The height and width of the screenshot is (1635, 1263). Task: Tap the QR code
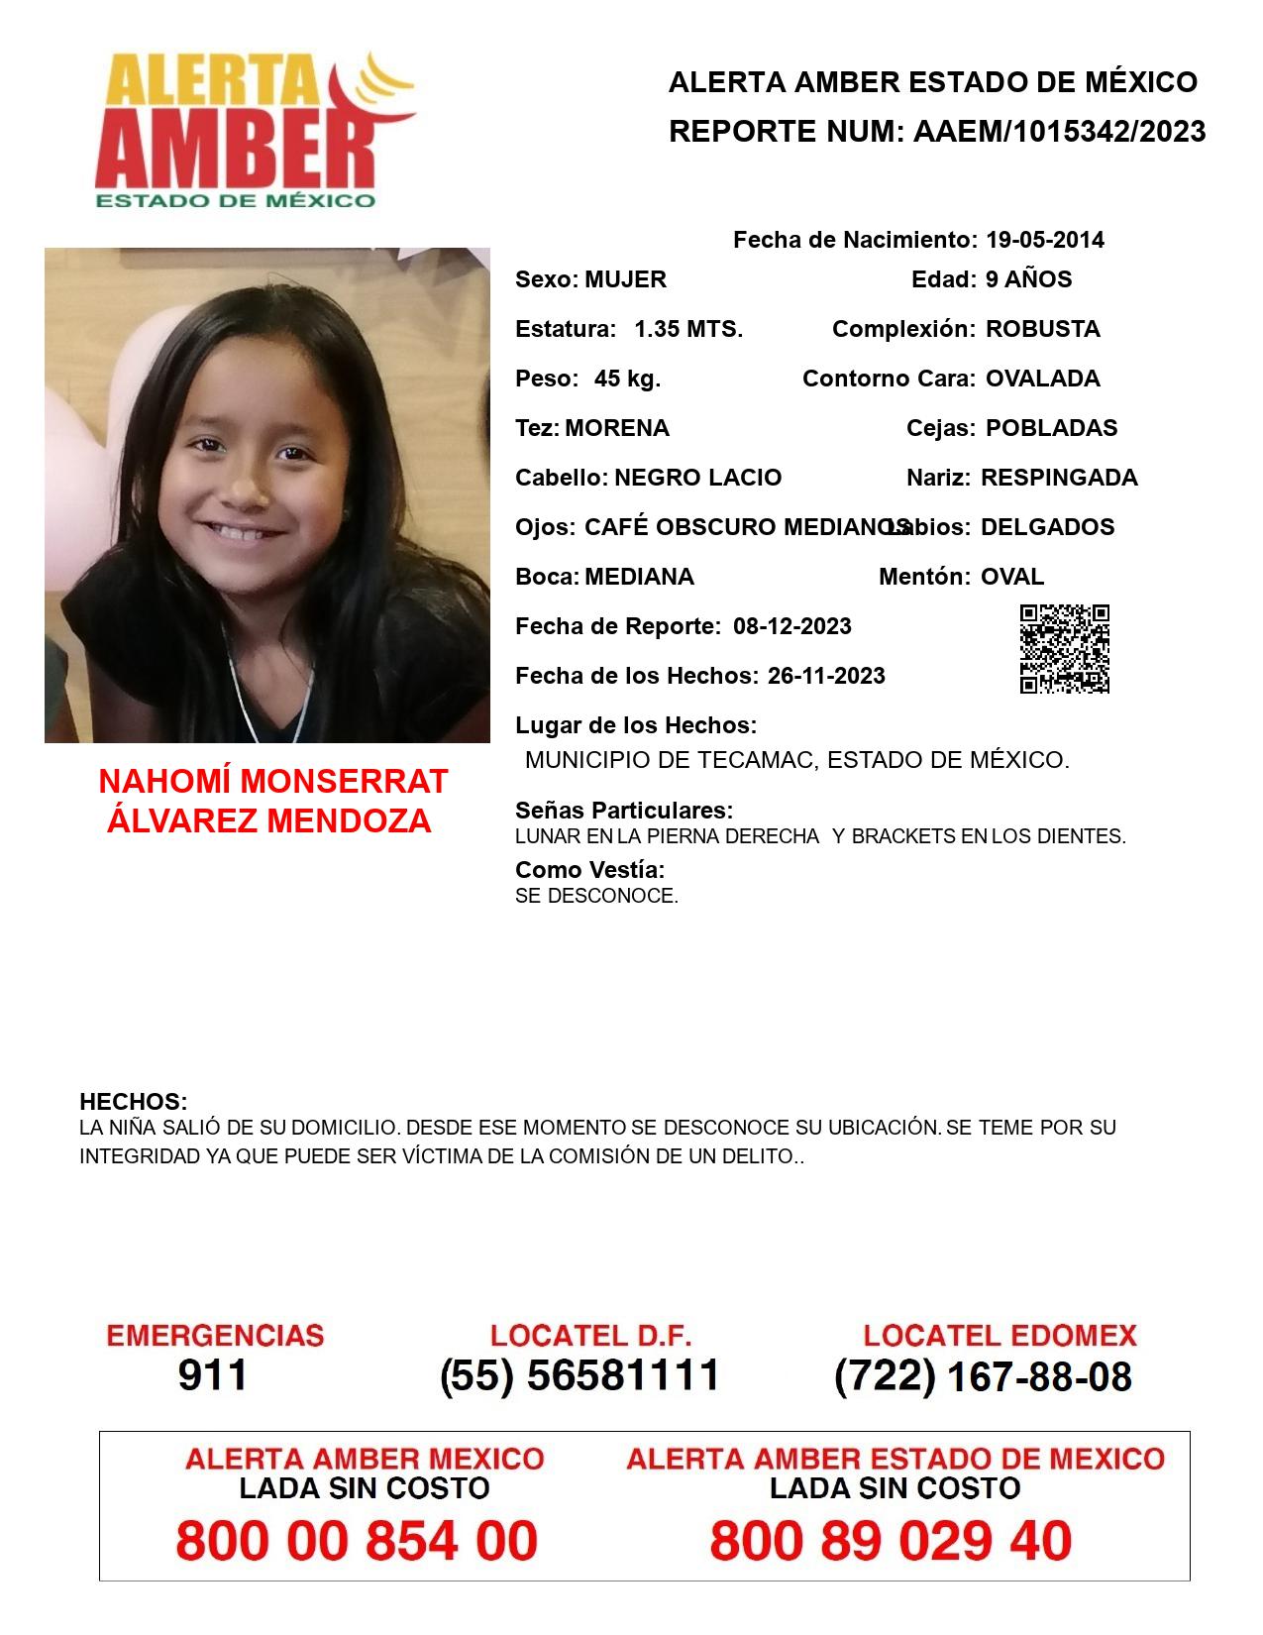[1064, 649]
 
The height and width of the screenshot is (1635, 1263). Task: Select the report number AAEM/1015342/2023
[1059, 132]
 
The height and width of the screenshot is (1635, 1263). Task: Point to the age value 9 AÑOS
[1028, 279]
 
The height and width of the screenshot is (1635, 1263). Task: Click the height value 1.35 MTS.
[688, 329]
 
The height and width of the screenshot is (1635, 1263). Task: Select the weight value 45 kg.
[627, 379]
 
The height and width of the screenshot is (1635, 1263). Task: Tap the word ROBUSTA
[1042, 329]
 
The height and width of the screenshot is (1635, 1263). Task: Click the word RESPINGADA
[1059, 478]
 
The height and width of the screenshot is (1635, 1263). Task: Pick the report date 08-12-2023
[792, 626]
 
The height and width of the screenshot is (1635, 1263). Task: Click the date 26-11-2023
[826, 676]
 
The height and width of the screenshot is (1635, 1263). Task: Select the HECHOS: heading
[134, 1102]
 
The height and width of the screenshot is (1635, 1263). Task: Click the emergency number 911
[213, 1375]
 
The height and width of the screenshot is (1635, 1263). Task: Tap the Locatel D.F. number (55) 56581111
[579, 1375]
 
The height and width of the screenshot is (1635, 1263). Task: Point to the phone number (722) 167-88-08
[983, 1376]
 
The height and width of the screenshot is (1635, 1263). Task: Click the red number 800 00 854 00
[357, 1542]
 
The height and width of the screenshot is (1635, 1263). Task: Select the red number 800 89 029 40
[891, 1542]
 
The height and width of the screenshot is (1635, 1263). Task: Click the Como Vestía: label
[589, 870]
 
